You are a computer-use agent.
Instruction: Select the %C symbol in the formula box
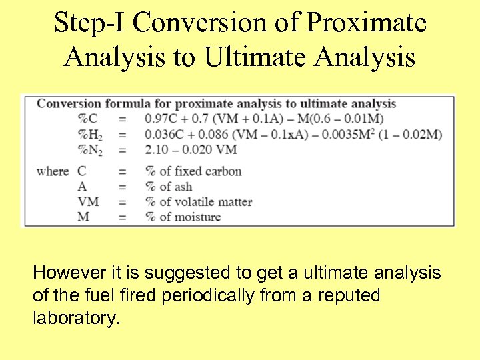coord(88,119)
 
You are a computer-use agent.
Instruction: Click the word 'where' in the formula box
coord(53,171)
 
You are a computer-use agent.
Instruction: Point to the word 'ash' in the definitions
coord(183,187)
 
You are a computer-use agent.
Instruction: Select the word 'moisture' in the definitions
coord(197,217)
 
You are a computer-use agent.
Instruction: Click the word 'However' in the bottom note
coord(65,273)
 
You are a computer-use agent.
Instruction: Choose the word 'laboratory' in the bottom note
coord(75,318)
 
